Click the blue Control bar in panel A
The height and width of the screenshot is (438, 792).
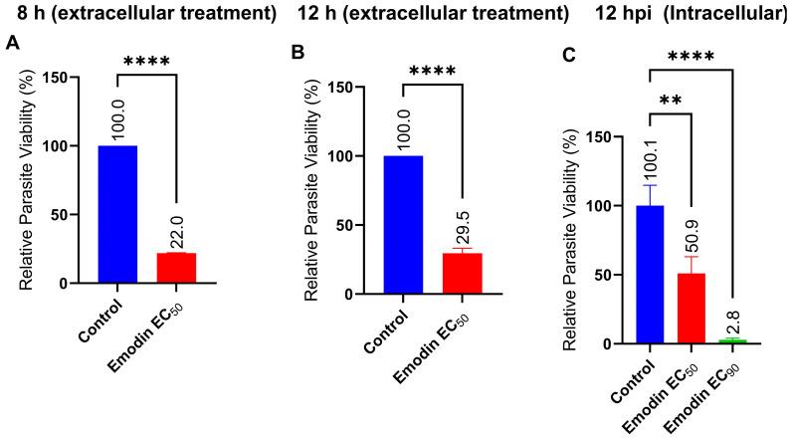coord(117,214)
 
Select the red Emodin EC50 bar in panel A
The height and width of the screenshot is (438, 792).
coord(175,268)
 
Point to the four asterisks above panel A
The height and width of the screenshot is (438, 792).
coord(146,61)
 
